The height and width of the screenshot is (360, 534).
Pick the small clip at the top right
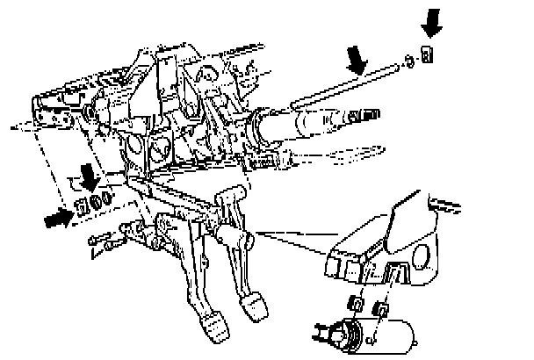(428, 55)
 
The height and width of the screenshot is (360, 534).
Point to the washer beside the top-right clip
(409, 61)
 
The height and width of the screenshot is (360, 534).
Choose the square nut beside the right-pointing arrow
(83, 207)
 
